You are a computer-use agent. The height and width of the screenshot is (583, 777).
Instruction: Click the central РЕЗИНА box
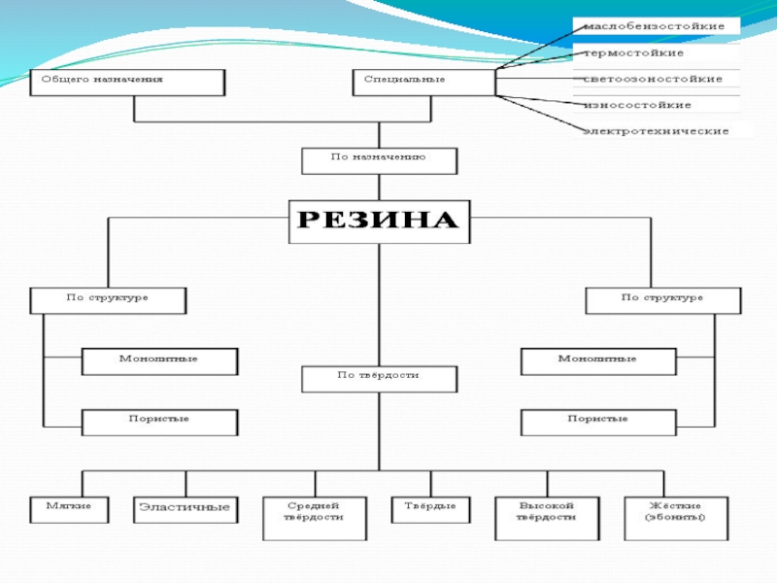pyautogui.click(x=379, y=222)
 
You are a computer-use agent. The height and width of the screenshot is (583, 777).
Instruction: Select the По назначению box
pyautogui.click(x=379, y=159)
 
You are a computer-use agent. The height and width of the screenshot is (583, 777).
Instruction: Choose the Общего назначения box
pyautogui.click(x=127, y=82)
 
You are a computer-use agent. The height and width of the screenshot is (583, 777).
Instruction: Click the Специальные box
pyautogui.click(x=422, y=82)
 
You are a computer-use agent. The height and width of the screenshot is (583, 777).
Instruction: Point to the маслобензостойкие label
pyautogui.click(x=655, y=25)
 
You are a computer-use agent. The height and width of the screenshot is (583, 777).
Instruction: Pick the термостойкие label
pyautogui.click(x=634, y=52)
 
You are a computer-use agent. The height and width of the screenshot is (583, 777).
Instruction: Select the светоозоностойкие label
pyautogui.click(x=653, y=79)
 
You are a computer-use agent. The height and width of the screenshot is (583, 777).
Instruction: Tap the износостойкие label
pyautogui.click(x=637, y=105)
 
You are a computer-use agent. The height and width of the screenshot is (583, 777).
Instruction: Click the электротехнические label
pyautogui.click(x=657, y=130)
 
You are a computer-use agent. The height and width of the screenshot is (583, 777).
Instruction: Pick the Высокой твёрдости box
pyautogui.click(x=548, y=518)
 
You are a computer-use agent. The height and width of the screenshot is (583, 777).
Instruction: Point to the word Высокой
pyautogui.click(x=548, y=505)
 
